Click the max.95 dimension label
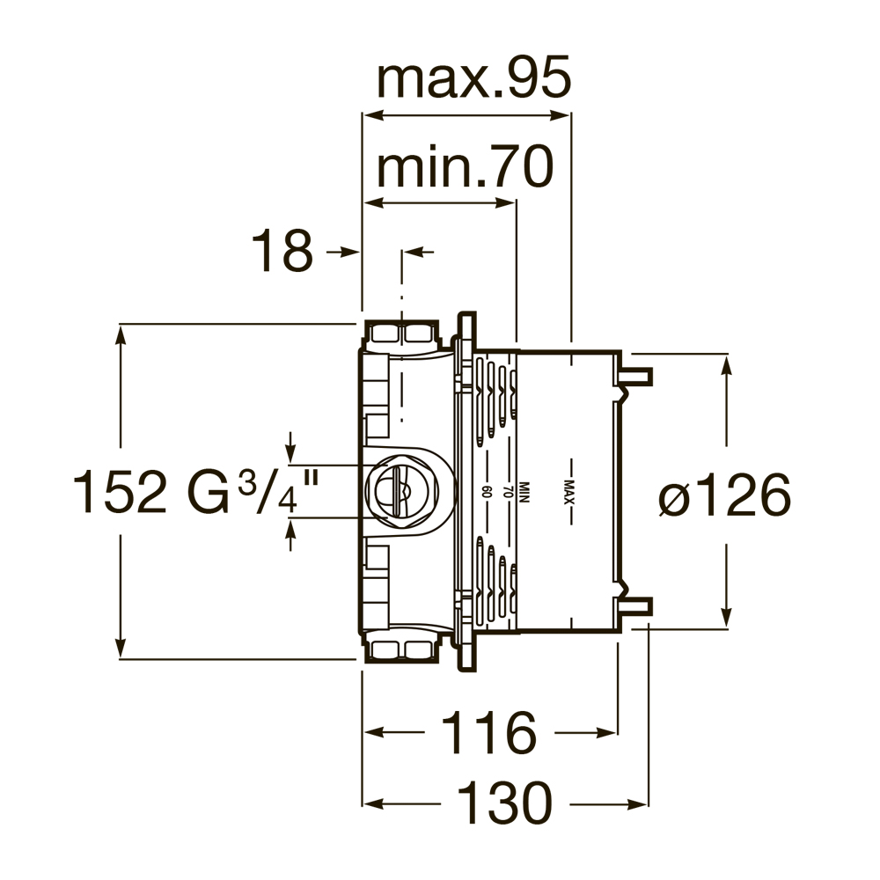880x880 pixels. (x=473, y=80)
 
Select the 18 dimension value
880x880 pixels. (x=282, y=252)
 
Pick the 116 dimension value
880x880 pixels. (x=488, y=732)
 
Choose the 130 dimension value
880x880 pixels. (x=504, y=803)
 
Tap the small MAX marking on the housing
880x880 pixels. (x=569, y=492)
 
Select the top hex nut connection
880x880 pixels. (x=400, y=334)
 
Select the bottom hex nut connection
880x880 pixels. (x=400, y=650)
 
